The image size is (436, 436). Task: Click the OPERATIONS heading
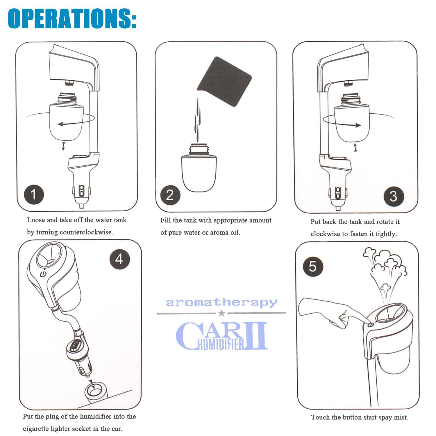pos(72,18)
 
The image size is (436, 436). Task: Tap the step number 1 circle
pos(34,194)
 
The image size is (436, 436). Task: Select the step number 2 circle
pos(170,195)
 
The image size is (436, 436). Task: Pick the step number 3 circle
pos(394,196)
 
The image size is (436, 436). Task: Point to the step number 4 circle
pos(119,259)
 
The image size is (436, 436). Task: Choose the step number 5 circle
pos(313,267)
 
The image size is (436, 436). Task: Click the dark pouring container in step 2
pos(224,81)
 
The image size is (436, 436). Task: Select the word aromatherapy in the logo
pos(221,303)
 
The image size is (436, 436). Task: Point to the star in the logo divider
pos(221,313)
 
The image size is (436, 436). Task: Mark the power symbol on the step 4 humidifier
pos(43,274)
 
